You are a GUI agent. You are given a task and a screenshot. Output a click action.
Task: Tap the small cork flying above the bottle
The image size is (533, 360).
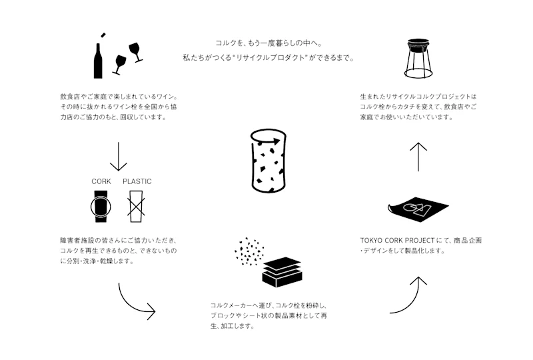tap(102, 35)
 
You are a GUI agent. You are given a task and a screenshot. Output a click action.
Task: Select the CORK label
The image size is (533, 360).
tap(101, 181)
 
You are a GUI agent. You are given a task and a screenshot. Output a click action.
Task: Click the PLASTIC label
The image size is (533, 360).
tap(137, 181)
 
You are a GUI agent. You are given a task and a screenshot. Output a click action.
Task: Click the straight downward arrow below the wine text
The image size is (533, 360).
tap(119, 157)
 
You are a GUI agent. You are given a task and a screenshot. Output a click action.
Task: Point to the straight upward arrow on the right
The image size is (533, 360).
tap(418, 157)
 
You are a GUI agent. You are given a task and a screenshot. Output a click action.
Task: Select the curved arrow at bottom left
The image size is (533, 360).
tap(135, 301)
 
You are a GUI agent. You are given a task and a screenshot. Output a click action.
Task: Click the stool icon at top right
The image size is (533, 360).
tap(418, 59)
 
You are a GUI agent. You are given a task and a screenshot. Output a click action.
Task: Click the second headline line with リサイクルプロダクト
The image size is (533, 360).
tap(268, 58)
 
